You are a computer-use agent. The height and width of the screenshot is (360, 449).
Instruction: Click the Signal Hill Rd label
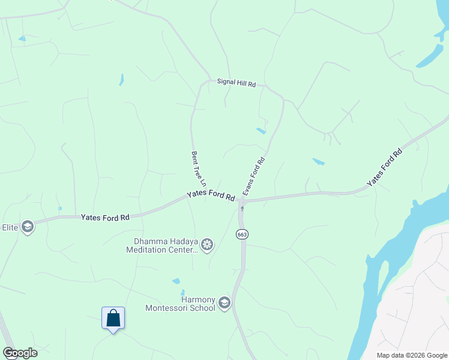coord(236,84)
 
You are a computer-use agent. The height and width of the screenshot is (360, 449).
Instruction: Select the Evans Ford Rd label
coord(253,176)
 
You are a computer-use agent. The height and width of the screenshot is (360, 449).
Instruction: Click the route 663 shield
coord(242,234)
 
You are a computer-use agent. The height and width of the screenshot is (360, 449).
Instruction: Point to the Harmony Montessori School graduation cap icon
coord(224,303)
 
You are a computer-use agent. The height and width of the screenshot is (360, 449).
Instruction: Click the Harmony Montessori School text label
coord(180,304)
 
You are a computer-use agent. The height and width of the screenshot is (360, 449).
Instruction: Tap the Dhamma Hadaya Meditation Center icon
coord(207,244)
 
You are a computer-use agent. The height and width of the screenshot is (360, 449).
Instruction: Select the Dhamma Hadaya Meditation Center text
coord(161,246)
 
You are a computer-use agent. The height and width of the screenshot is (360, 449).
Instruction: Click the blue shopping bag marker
coord(113,318)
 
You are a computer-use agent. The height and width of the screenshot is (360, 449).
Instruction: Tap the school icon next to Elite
coord(26,227)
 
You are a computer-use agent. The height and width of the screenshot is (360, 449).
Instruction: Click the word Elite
coord(10,227)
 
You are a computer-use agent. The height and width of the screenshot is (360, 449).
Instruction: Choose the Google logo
coord(20,353)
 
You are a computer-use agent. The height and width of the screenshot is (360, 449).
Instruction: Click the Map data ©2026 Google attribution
coord(412,355)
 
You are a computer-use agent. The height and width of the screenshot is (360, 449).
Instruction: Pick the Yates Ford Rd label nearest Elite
coord(105,217)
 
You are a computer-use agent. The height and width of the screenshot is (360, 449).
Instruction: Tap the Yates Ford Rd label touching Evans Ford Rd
coord(211,196)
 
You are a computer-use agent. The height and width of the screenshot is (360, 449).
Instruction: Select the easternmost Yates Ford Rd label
coord(384,167)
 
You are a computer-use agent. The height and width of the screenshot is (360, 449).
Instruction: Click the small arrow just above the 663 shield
coord(242,209)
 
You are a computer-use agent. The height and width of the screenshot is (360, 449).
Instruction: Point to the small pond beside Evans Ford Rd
coord(261,130)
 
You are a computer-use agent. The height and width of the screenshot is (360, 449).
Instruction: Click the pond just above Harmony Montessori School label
coord(175,281)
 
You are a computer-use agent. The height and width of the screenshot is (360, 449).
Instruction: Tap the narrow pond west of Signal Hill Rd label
coord(121,79)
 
